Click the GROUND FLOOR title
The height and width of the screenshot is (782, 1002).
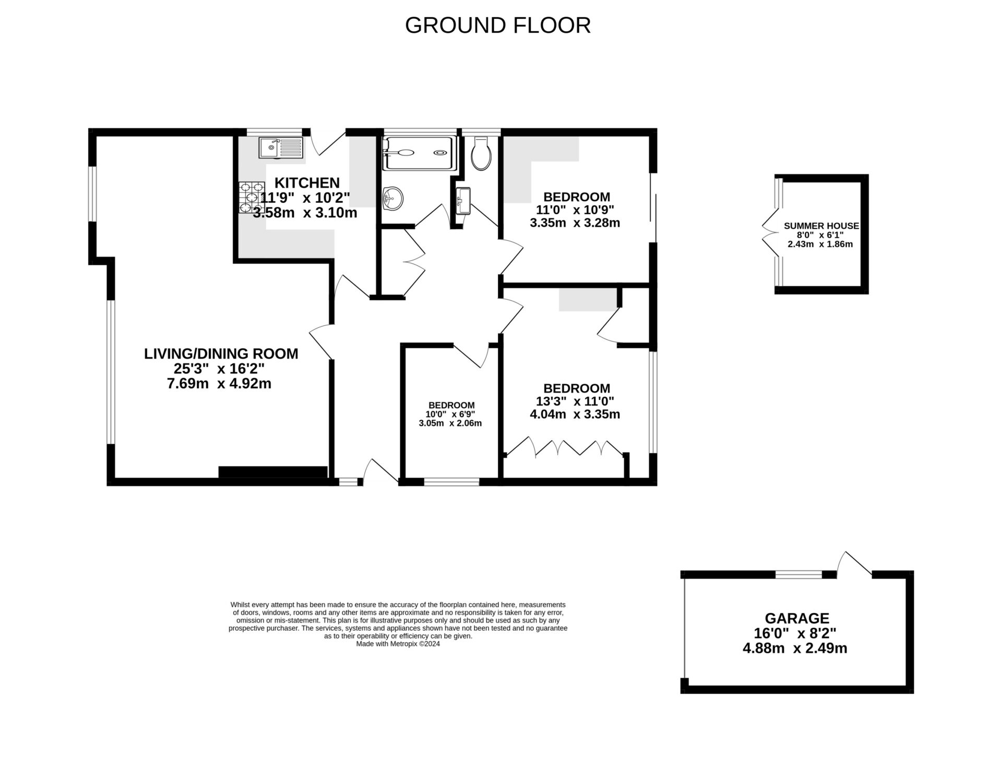click(497, 26)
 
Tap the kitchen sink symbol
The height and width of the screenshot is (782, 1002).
click(280, 148)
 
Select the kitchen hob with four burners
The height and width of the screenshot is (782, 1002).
click(252, 198)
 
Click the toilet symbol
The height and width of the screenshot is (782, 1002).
click(480, 154)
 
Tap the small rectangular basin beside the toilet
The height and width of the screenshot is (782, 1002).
click(463, 200)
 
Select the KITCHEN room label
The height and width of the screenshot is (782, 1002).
click(307, 183)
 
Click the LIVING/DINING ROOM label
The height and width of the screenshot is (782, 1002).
click(221, 353)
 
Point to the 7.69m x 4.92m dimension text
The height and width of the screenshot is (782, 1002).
click(219, 384)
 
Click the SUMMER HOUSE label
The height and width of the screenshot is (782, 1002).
click(821, 226)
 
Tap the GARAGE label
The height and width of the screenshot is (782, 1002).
click(796, 618)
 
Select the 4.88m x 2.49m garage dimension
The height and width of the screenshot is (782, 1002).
click(794, 649)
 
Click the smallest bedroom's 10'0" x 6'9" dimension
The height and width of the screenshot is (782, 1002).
click(451, 414)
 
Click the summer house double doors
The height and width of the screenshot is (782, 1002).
click(770, 234)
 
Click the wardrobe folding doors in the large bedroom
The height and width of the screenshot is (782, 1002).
click(566, 448)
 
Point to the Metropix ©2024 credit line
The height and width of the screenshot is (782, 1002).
click(398, 644)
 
